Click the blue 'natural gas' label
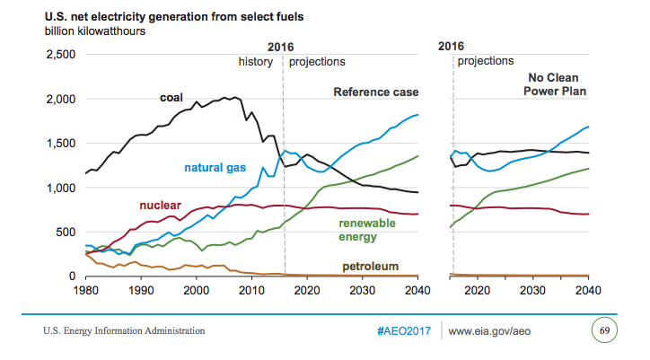pyautogui.click(x=216, y=167)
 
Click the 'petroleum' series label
pyautogui.click(x=369, y=267)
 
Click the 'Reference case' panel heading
pyautogui.click(x=376, y=92)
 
